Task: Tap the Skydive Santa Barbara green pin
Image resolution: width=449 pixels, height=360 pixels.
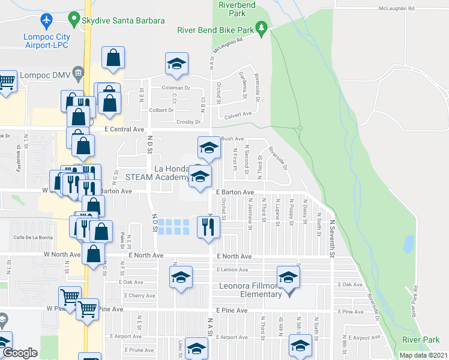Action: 74,20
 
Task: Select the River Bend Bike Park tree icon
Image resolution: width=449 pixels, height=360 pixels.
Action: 261,28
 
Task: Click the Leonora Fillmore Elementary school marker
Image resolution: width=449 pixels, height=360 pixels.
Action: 288,278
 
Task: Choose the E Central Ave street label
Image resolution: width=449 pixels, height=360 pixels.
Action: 124,129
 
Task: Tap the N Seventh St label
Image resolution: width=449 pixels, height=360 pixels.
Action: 331,238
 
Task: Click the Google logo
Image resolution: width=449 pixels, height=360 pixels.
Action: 20,353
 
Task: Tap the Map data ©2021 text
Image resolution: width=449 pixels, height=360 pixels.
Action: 424,355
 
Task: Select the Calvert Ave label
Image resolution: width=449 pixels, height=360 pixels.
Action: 238,114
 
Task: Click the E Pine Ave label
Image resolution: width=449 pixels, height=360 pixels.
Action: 232,310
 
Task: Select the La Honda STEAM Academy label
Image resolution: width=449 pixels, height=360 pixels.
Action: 157,173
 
